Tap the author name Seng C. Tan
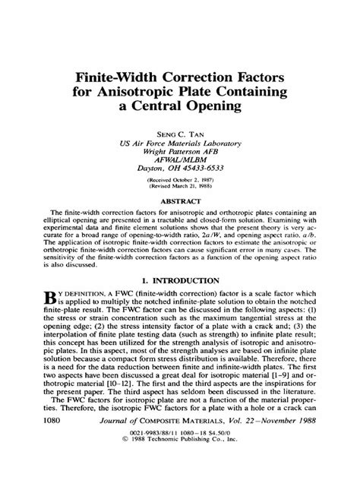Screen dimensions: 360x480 click(x=180, y=134)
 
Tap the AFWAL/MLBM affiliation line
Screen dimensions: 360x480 click(x=180, y=158)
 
